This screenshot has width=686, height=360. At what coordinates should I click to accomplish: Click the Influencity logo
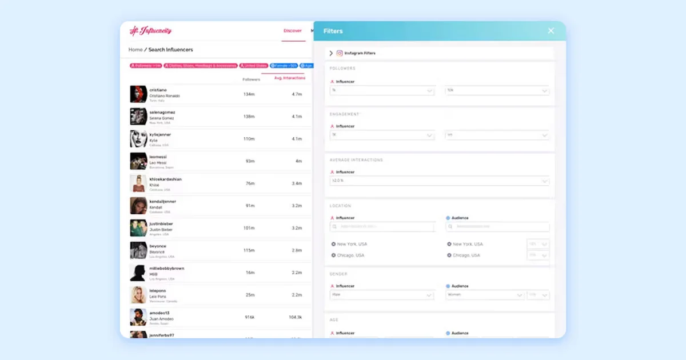tap(150, 31)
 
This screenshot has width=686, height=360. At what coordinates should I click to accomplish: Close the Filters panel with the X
tap(551, 31)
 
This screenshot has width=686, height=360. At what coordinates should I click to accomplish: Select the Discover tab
tap(292, 31)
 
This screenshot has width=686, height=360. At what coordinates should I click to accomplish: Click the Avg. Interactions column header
tap(290, 78)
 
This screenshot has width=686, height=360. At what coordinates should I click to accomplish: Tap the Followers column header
tap(251, 79)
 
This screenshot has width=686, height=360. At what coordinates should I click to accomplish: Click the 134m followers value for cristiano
tap(249, 94)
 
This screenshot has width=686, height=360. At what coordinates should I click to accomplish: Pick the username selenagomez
tap(162, 113)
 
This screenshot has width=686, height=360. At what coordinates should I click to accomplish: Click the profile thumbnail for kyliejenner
tap(138, 139)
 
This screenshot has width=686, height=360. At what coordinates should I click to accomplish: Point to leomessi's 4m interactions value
tap(298, 161)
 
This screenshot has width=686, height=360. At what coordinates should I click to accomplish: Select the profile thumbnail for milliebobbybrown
tap(138, 273)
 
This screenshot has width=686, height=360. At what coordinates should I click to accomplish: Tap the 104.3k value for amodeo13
tap(295, 317)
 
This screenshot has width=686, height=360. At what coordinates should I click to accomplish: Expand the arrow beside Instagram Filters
tap(331, 53)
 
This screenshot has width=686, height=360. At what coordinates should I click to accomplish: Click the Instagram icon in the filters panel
tap(340, 53)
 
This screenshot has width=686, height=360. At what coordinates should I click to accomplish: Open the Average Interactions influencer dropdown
tap(439, 181)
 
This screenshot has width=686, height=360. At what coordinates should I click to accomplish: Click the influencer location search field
tap(382, 227)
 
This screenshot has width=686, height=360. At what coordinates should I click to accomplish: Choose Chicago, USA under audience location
tap(466, 255)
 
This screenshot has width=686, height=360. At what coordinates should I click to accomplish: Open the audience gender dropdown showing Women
tap(485, 295)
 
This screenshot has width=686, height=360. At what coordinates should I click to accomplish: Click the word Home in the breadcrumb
tap(135, 50)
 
